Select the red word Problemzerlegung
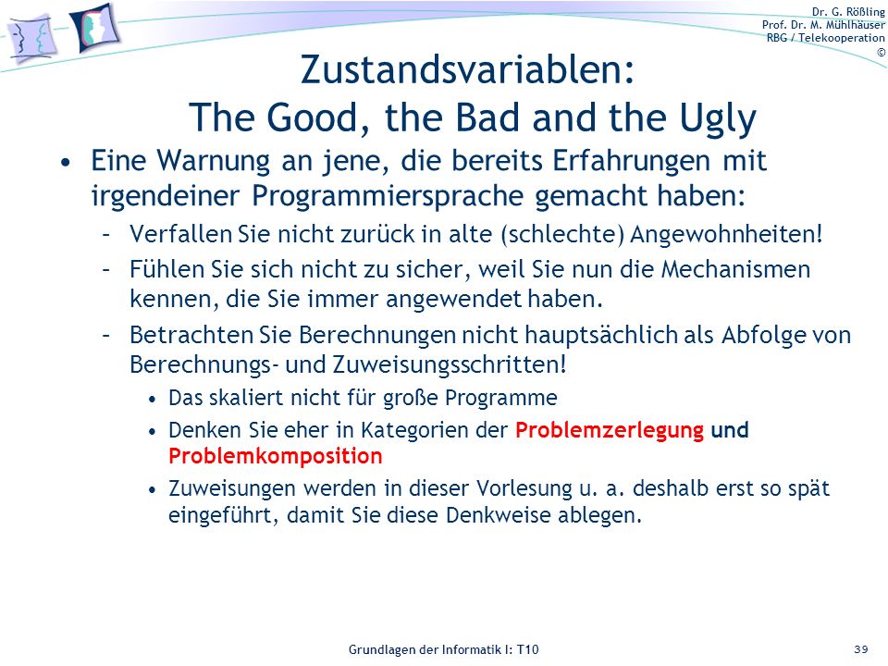pos(610,430)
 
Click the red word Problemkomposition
pos(276,456)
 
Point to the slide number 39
pos(861,649)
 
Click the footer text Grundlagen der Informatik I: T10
pos(443,649)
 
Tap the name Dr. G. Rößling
pos(848,12)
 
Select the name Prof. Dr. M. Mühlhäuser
pos(823,25)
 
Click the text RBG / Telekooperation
pos(826,38)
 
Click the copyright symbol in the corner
pos(881,52)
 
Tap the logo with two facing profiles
pos(32,39)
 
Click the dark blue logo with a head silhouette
pos(95,29)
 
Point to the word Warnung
pos(214,161)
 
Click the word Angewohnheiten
pos(726,234)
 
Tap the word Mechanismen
pos(735,269)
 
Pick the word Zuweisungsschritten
pos(450,364)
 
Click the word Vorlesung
pos(524,488)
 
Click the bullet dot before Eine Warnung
pos(67,163)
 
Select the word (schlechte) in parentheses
pos(562,234)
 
